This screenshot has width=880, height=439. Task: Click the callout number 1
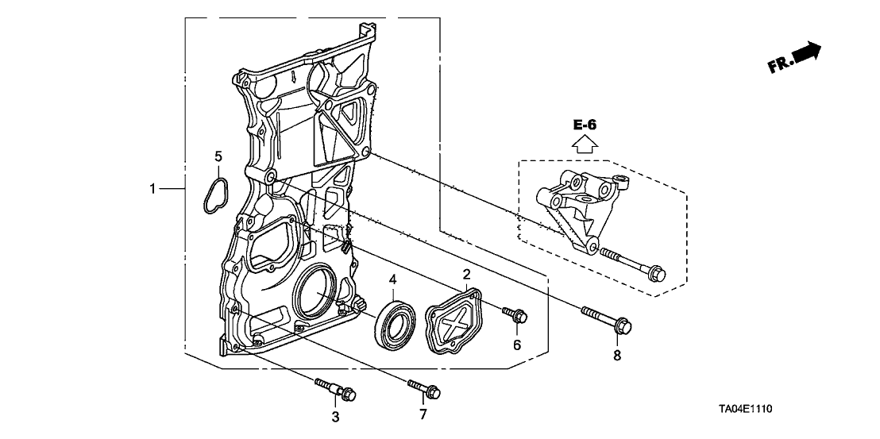153,189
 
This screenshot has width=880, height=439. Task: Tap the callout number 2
467,275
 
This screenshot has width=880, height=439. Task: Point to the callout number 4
393,279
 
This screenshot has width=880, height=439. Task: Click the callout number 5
218,156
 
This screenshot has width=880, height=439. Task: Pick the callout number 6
516,345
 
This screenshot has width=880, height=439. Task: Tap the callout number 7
423,414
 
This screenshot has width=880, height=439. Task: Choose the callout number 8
617,356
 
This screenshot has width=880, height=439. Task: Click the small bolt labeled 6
515,317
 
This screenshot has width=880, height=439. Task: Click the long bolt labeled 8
608,319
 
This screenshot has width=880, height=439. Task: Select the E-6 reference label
585,125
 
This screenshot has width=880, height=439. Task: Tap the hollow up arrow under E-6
585,144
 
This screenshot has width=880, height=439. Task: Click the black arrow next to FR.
806,53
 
